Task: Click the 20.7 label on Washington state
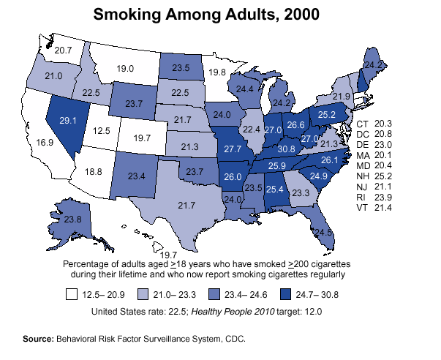(63, 50)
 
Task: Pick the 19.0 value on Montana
(125, 68)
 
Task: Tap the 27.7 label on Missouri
(233, 149)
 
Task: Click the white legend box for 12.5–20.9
(72, 296)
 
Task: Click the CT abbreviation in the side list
(363, 124)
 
